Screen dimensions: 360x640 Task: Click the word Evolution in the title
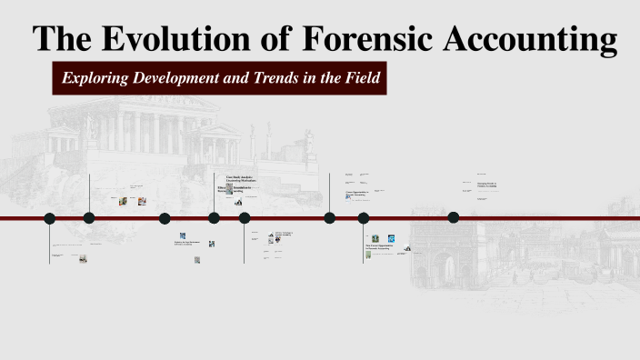coord(186,39)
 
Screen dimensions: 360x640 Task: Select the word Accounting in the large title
coord(532,39)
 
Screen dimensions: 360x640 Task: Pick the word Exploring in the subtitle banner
coord(95,78)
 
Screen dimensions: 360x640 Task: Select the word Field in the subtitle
coord(358,78)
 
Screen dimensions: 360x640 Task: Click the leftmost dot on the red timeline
coord(50,218)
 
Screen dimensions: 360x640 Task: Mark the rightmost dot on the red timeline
coord(454,217)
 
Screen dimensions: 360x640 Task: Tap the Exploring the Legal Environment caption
coord(187,243)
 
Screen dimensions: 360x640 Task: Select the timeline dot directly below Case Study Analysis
coord(215,218)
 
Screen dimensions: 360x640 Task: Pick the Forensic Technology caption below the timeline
coord(285,234)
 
